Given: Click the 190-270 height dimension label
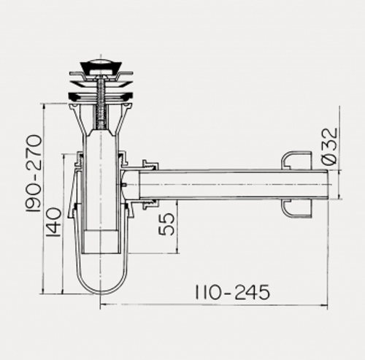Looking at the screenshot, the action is click(34, 173).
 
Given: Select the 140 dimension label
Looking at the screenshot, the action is click(53, 222).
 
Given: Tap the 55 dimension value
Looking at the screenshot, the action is click(166, 224).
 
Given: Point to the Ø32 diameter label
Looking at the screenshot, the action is click(330, 146).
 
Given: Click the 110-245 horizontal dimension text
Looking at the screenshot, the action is click(232, 292).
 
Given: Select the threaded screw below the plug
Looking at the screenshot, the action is click(101, 102).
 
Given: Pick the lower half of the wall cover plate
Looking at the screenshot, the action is click(297, 209).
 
